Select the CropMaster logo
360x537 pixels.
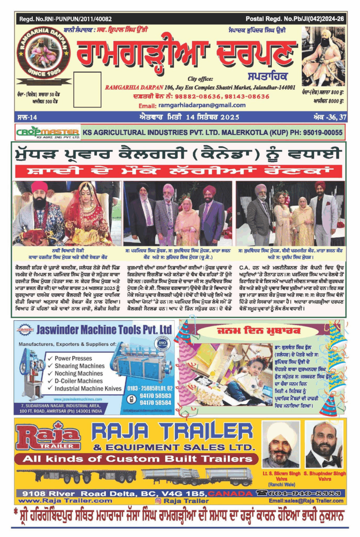click(x=48, y=133)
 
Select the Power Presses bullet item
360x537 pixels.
click(x=75, y=358)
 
